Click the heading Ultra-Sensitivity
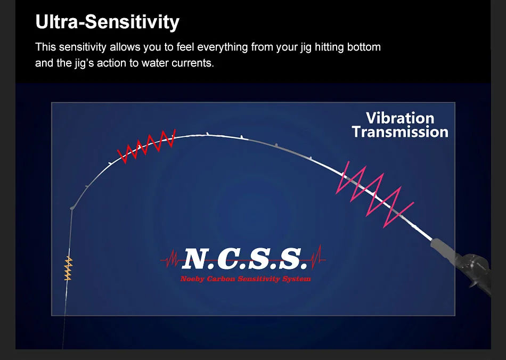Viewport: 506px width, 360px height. (107, 22)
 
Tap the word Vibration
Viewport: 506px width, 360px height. (400, 118)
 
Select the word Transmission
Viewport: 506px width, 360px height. (400, 132)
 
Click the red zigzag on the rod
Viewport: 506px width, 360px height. (146, 146)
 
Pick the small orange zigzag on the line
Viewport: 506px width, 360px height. (68, 268)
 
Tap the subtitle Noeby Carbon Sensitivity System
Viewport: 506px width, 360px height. (246, 279)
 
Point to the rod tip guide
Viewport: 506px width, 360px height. (72, 208)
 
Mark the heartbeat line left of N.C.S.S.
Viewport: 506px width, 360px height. (170, 259)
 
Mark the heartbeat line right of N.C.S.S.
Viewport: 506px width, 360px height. (318, 257)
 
